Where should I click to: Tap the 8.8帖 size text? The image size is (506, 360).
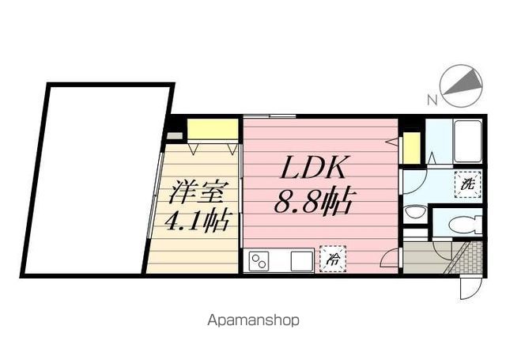(313, 202)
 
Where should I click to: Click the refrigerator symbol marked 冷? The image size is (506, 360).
(331, 259)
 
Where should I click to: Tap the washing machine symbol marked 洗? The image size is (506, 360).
(467, 184)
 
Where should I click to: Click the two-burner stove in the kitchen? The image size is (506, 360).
(259, 260)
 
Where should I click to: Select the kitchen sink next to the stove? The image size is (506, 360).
(300, 260)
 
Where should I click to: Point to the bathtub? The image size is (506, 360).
(467, 142)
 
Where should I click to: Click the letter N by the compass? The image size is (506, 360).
(432, 100)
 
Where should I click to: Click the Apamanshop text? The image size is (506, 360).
(253, 320)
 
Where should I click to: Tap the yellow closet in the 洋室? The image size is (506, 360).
(213, 128)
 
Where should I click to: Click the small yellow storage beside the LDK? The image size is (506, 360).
(411, 148)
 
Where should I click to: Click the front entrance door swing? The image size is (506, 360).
(468, 285)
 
